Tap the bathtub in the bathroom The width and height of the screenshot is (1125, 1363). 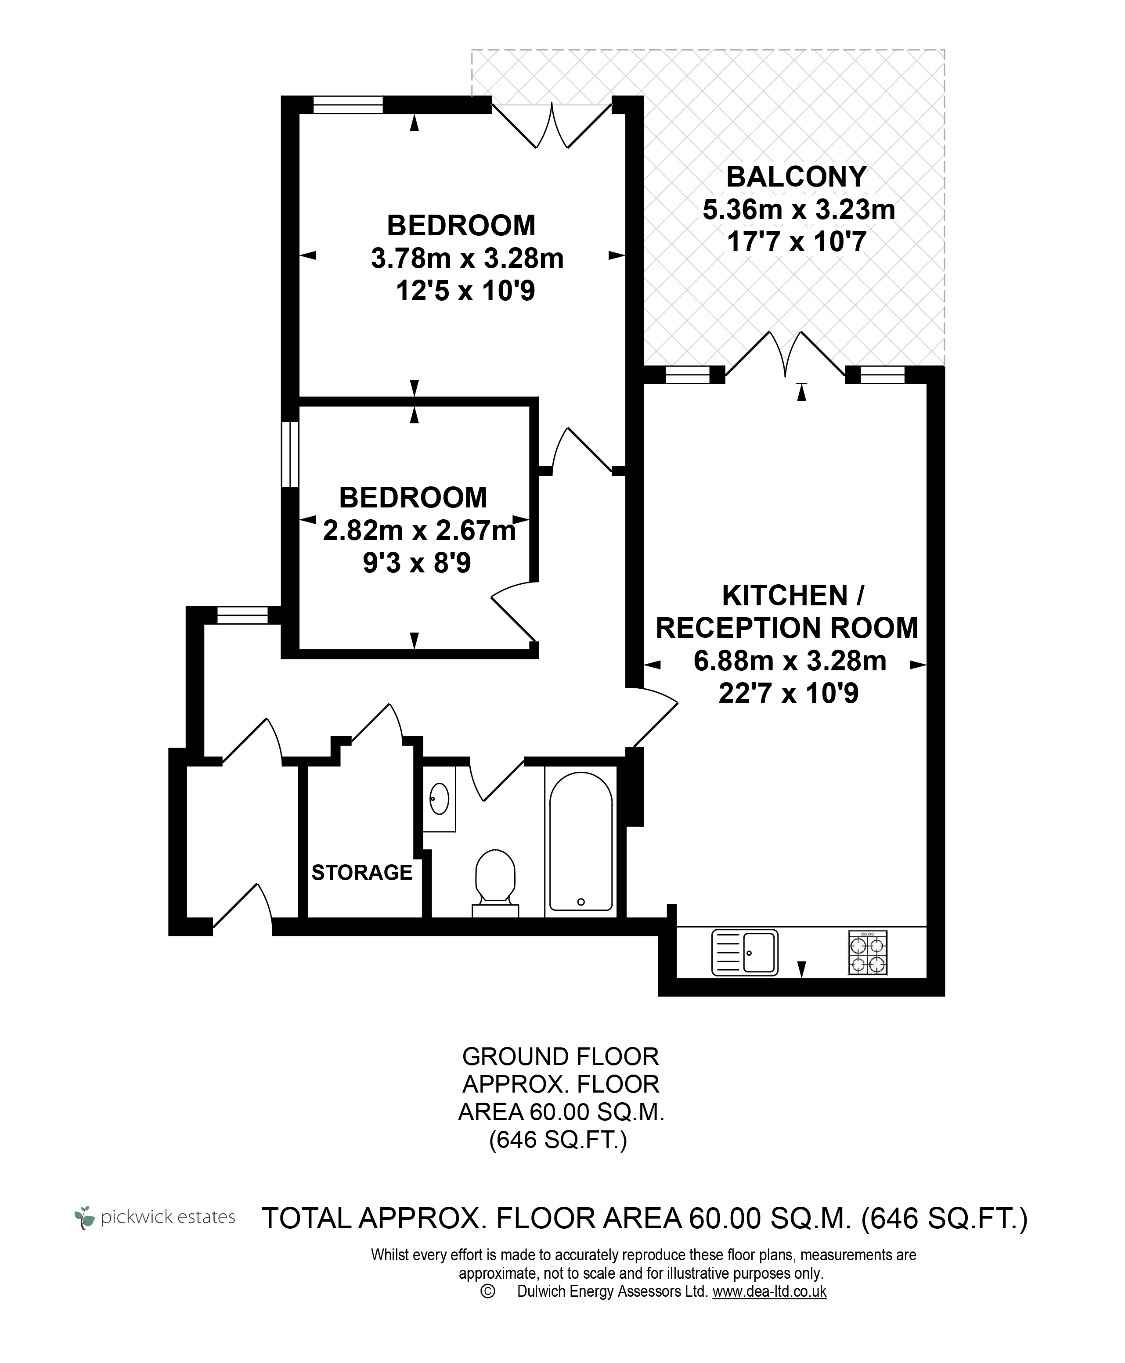(x=581, y=842)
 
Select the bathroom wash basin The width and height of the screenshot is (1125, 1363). (x=440, y=799)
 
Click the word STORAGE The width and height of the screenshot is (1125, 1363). (x=362, y=873)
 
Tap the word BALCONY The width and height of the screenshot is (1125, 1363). (x=797, y=177)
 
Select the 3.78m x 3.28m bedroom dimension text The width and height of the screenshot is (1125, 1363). (x=467, y=259)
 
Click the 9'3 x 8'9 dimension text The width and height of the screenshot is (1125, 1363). (x=417, y=563)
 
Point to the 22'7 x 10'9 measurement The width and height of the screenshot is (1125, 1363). (x=789, y=694)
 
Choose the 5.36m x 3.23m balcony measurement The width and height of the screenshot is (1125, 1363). (x=799, y=209)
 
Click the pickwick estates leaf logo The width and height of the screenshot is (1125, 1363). (x=84, y=1216)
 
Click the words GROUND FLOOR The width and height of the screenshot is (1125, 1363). (x=561, y=1057)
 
